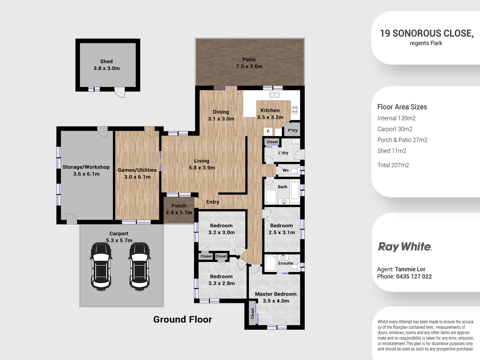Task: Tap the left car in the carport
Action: coord(101,265)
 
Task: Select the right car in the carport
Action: coord(140,265)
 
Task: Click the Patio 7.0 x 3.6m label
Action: coord(249,63)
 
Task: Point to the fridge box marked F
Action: coord(268,131)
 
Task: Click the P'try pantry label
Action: coord(293,130)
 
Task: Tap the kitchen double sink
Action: coord(274,95)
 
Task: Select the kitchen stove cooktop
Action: coord(295,110)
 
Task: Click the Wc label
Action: coord(286,170)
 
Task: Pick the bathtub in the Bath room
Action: coord(295,190)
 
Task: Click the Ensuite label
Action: coord(286,263)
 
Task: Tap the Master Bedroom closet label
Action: coord(252,313)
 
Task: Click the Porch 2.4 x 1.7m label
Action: coord(179,209)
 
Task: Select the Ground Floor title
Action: coord(182,319)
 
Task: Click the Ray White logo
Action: coord(405,247)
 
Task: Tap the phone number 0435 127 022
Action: coord(414,276)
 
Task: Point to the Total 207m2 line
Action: coord(393,165)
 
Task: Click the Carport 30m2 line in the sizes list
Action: coord(395,129)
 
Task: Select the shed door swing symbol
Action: coord(119,92)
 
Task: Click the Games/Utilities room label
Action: coord(137,173)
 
